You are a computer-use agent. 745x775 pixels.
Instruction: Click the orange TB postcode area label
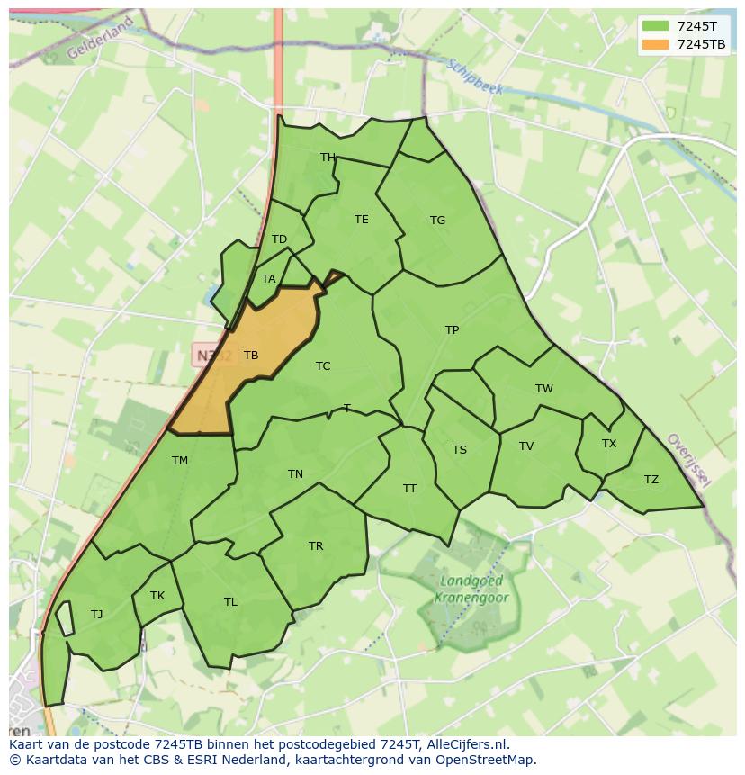[x=251, y=356]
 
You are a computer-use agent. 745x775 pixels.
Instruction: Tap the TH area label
[x=328, y=158]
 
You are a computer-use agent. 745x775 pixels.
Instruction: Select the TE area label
[x=361, y=220]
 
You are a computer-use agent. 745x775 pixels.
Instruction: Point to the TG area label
[x=437, y=221]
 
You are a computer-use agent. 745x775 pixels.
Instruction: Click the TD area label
[x=279, y=239]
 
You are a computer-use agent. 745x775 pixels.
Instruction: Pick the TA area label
[x=268, y=279]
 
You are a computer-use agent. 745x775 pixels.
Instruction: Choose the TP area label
[x=452, y=330]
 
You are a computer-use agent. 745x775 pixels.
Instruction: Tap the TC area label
[x=323, y=366]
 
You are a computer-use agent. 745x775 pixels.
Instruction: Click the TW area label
[x=543, y=389]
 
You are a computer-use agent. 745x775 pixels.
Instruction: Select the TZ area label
[x=651, y=480]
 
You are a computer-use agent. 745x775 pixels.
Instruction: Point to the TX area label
[x=609, y=444]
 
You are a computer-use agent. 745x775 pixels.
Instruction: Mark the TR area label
[x=316, y=546]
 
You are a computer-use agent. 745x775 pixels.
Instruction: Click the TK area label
[x=157, y=596]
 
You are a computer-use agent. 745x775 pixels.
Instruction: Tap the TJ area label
[x=96, y=615]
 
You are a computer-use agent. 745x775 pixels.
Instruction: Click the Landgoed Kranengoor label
[x=471, y=590]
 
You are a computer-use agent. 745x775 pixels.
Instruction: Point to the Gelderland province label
[x=99, y=38]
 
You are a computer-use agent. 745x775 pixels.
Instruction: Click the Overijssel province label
[x=688, y=460]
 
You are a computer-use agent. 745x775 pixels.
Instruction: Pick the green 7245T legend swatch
[x=655, y=26]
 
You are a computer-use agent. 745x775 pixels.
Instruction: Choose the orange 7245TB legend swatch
[x=655, y=44]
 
